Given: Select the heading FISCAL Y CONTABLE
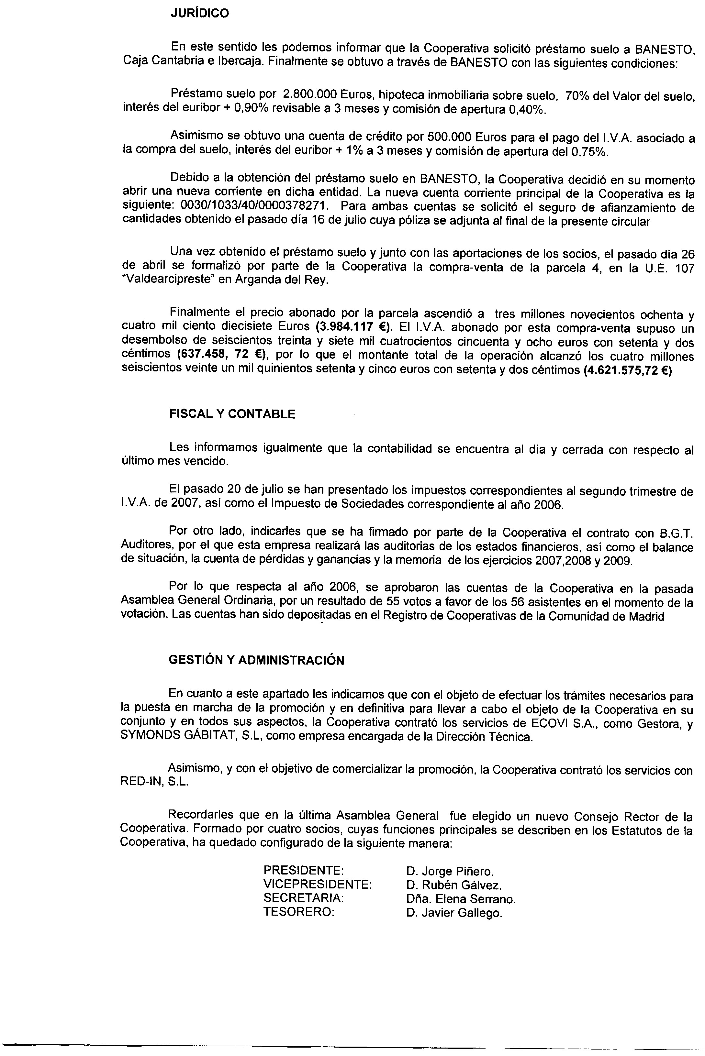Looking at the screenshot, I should tap(232, 414).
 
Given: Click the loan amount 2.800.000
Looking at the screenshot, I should tap(310, 94).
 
